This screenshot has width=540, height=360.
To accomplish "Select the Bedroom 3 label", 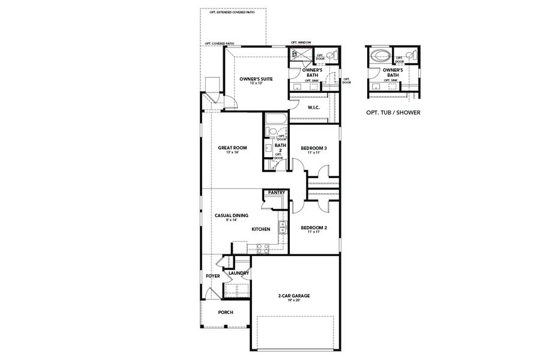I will coord(314,148).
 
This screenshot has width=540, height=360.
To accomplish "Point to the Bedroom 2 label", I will coord(313,227).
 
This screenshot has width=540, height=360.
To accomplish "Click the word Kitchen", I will coord(260,229).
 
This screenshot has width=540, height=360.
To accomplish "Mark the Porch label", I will coord(226,312).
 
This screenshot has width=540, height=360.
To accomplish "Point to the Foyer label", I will coord(212,276).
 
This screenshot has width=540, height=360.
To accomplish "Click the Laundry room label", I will coord(239,273).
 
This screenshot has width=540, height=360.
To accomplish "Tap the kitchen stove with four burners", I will coord(262,246).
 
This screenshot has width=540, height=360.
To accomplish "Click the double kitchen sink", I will coord(280,228).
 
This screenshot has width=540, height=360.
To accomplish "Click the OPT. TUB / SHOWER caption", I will coord(392,112).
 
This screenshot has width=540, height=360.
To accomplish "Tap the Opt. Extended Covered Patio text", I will coord(232,12).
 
